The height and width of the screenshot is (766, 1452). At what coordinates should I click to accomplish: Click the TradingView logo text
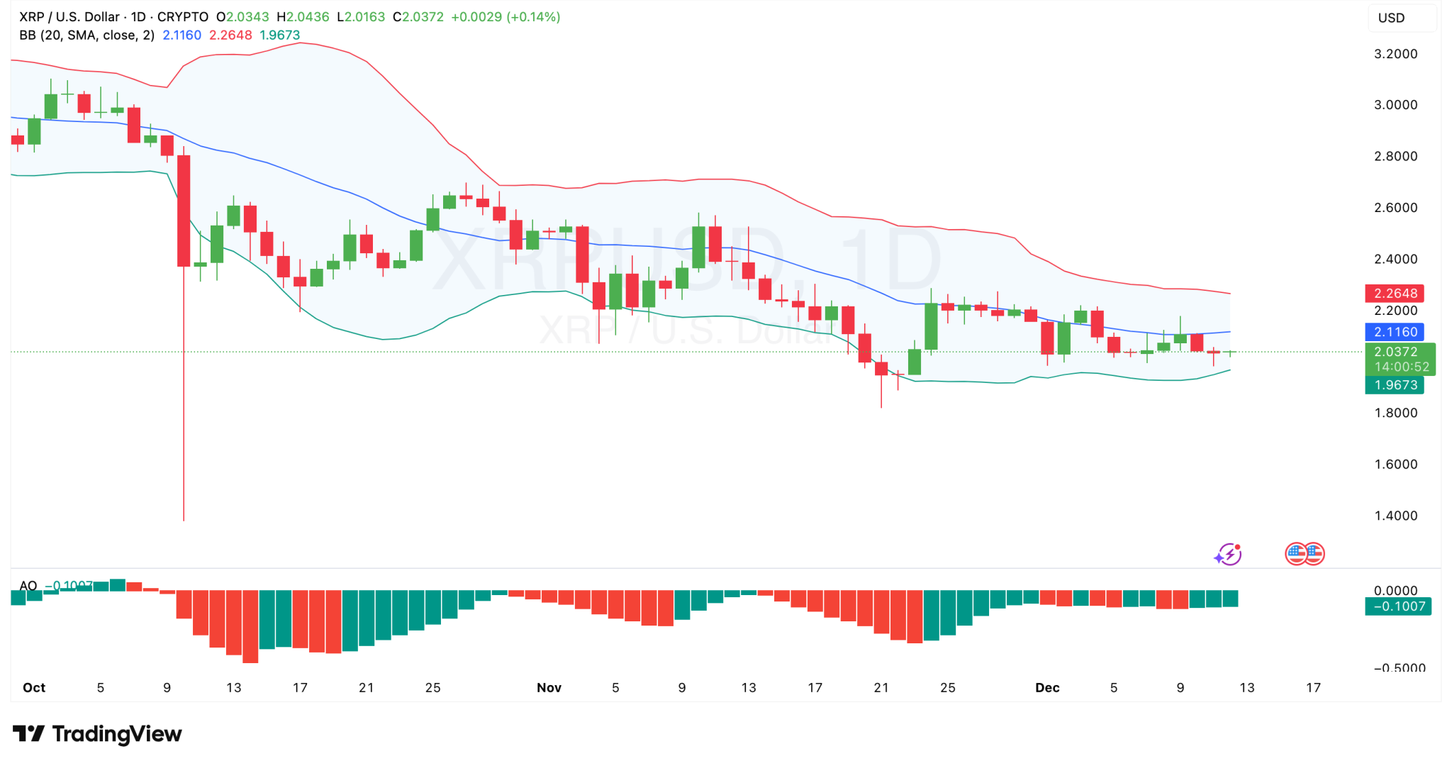pyautogui.click(x=97, y=733)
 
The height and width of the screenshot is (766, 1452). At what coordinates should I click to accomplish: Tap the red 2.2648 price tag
pyautogui.click(x=1395, y=293)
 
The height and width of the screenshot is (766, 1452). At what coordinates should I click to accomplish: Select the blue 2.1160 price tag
pyautogui.click(x=1395, y=331)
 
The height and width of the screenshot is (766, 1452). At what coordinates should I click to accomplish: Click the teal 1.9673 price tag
pyautogui.click(x=1395, y=384)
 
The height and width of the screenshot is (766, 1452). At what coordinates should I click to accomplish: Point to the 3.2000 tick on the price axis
pyautogui.click(x=1395, y=54)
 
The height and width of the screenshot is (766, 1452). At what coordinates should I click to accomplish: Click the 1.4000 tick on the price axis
pyautogui.click(x=1395, y=516)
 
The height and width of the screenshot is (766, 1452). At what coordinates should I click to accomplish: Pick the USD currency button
pyautogui.click(x=1391, y=18)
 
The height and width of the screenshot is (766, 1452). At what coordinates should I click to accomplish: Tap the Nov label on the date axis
pyautogui.click(x=549, y=687)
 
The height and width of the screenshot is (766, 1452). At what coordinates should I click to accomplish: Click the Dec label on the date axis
pyautogui.click(x=1046, y=687)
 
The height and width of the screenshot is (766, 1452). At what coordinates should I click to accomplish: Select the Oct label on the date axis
pyautogui.click(x=34, y=687)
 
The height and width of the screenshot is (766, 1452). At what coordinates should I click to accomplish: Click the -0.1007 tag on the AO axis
pyautogui.click(x=1398, y=606)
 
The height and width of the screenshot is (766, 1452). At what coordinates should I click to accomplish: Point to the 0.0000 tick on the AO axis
pyautogui.click(x=1395, y=590)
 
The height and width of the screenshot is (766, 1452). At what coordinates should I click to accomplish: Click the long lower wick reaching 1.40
pyautogui.click(x=184, y=426)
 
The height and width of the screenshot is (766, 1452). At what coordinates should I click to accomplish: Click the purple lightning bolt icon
pyautogui.click(x=1228, y=554)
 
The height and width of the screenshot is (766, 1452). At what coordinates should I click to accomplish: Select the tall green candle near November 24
pyautogui.click(x=931, y=326)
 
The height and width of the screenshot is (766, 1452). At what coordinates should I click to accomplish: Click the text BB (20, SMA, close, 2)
pyautogui.click(x=86, y=35)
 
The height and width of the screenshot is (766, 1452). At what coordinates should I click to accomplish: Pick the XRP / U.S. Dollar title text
pyautogui.click(x=69, y=16)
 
